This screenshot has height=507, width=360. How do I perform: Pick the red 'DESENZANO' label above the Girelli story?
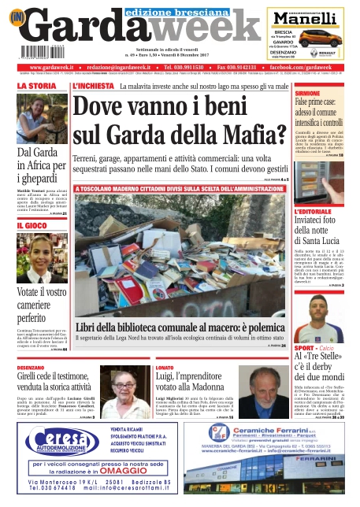coord(35,368)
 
